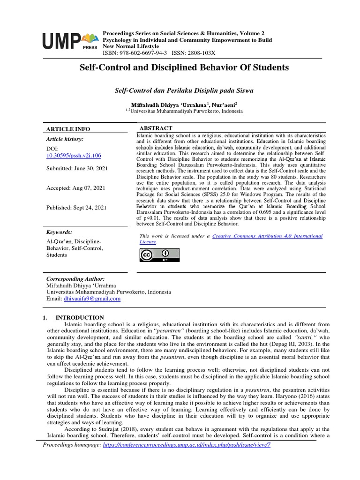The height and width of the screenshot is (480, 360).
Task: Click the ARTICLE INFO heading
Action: coord(68,129)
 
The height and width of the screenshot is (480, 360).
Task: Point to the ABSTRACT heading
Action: coord(156,128)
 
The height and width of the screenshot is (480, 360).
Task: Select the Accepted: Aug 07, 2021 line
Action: coord(75,188)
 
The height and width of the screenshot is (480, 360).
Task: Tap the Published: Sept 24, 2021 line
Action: coord(76,208)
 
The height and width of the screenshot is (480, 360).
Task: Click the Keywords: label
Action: coord(59,232)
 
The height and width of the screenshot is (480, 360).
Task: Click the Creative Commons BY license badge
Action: coord(159,255)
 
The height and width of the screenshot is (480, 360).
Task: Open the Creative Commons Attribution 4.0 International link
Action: coord(267,236)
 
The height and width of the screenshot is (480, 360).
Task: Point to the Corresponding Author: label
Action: coord(75,278)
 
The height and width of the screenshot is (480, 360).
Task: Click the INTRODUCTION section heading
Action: coord(80,317)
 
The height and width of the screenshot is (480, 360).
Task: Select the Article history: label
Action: coord(65,139)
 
